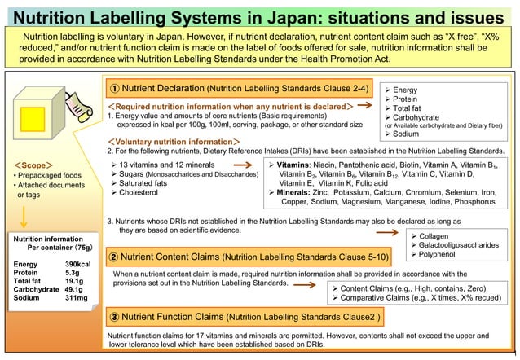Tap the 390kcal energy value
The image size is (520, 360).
point(78,266)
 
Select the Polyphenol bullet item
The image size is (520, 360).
point(443,255)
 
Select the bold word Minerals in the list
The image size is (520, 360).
point(294,192)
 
